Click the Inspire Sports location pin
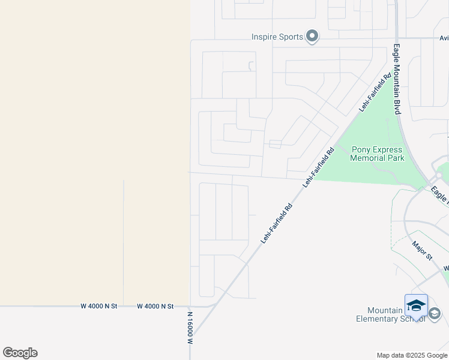(312, 37)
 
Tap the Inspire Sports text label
(277, 37)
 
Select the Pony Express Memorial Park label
(378, 154)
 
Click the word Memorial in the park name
(378, 158)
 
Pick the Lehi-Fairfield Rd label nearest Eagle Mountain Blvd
(375, 92)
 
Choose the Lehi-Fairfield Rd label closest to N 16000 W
(276, 223)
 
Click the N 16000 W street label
(189, 328)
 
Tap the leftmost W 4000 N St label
(99, 306)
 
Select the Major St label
(423, 250)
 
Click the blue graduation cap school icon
(416, 305)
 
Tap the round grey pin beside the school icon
(435, 313)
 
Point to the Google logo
(20, 353)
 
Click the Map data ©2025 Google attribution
(411, 355)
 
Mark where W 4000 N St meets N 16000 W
(190, 306)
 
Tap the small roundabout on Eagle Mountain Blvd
(439, 176)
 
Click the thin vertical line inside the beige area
(124, 240)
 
